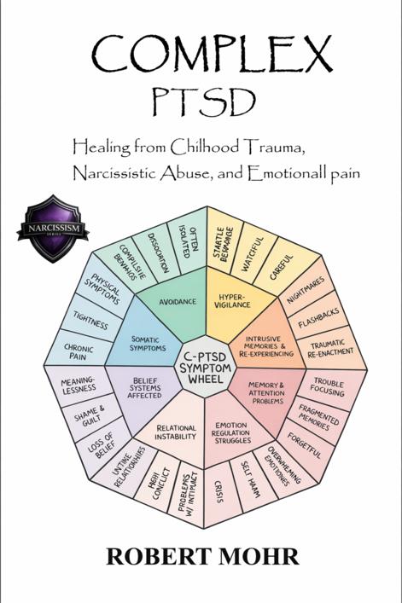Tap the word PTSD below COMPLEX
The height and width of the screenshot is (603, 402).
[x=204, y=101]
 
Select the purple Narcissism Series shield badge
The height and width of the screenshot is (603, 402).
[x=53, y=229]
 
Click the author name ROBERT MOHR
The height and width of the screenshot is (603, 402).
[x=202, y=556]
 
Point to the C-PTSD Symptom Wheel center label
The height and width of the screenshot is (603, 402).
[x=206, y=368]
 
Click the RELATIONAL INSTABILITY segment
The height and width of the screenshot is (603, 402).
[x=176, y=432]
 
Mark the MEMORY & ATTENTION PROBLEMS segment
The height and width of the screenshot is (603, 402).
[x=266, y=392]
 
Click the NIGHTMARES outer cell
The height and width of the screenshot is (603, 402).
[x=306, y=291]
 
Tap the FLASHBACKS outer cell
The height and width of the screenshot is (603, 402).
[x=319, y=317]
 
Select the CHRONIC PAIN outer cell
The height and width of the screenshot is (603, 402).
[x=78, y=352]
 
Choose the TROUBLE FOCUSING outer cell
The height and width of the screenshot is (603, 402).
[x=328, y=387]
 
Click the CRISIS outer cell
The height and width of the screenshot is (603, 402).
[x=218, y=492]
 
